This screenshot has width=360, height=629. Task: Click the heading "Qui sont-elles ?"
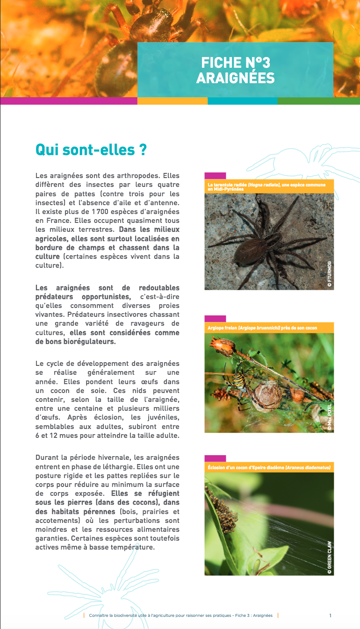pos(91,150)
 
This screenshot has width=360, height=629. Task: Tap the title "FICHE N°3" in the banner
pos(235,63)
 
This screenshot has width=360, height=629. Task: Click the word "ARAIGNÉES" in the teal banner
pos(235,78)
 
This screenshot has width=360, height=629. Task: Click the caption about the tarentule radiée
pos(269,186)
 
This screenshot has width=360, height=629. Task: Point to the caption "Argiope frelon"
pos(262,328)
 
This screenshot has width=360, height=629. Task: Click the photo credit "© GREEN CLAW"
pos(329,558)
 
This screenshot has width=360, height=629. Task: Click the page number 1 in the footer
pos(330,615)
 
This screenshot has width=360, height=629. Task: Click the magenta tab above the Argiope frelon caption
pos(215,319)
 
